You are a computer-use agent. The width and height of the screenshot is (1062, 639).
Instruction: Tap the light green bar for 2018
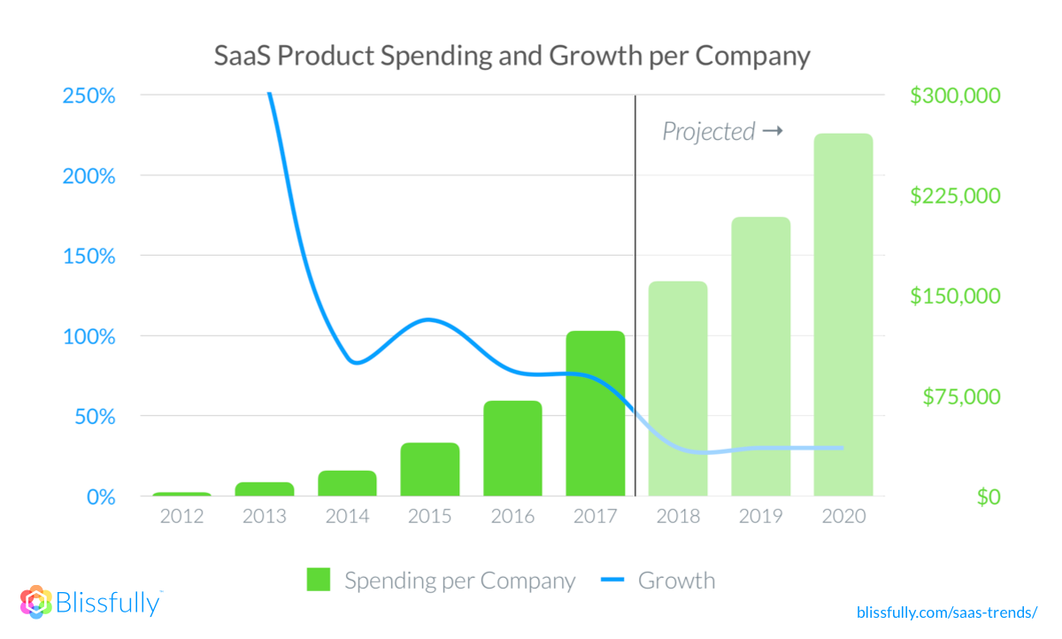(678, 389)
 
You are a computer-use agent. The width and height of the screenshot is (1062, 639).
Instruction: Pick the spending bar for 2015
(430, 469)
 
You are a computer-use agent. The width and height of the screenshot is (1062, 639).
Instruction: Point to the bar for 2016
(512, 449)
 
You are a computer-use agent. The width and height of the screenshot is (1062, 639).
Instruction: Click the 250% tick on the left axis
(89, 96)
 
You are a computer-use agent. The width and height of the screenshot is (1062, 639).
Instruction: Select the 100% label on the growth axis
(89, 337)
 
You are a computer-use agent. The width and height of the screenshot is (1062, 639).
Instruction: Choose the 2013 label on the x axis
(265, 517)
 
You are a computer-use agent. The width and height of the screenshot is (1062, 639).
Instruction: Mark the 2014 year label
(347, 517)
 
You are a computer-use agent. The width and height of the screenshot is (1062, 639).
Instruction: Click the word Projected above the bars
(708, 132)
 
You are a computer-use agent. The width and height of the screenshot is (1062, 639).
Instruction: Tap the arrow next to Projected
(773, 131)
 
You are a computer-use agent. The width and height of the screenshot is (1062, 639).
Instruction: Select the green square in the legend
(319, 581)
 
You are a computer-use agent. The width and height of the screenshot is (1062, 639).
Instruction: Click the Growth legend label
(676, 581)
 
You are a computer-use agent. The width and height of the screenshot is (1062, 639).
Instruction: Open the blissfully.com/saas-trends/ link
(946, 612)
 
